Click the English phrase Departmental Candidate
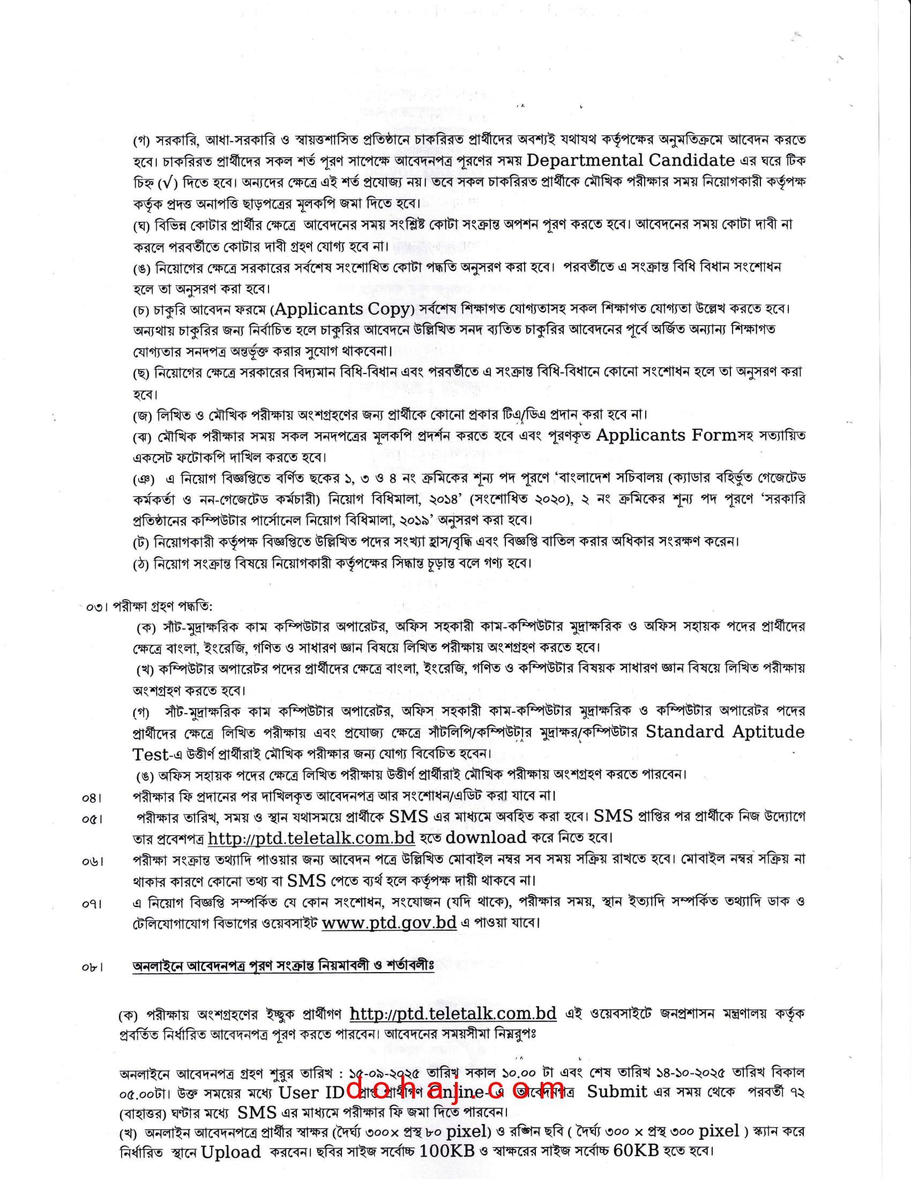[x=630, y=160]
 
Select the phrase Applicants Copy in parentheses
[x=342, y=309]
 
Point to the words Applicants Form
[x=666, y=435]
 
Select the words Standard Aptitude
[x=725, y=732]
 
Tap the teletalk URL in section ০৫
[x=311, y=838]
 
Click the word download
[x=486, y=837]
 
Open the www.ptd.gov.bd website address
[x=389, y=922]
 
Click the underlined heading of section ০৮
[x=283, y=965]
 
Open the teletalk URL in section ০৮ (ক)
[x=453, y=1013]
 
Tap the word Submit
[x=617, y=1092]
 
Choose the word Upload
[x=231, y=1152]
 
